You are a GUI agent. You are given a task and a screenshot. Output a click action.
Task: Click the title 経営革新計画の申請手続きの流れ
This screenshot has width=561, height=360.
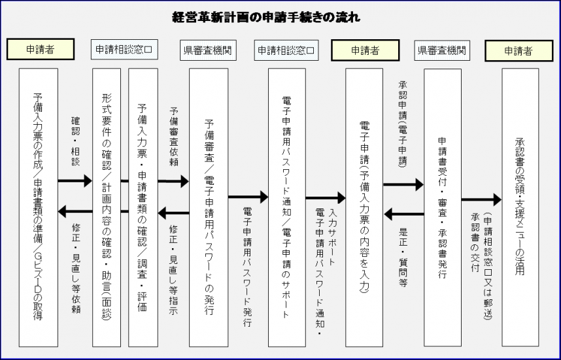pyautogui.click(x=280, y=17)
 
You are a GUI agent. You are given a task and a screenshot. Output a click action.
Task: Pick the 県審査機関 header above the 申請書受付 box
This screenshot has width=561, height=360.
pyautogui.click(x=442, y=49)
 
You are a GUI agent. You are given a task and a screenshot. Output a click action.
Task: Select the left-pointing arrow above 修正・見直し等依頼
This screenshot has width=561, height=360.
pyautogui.click(x=75, y=210)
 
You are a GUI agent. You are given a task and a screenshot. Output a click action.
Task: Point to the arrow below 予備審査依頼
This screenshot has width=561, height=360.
pyautogui.click(x=173, y=182)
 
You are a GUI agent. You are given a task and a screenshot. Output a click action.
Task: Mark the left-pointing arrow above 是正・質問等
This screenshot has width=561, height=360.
pyautogui.click(x=403, y=213)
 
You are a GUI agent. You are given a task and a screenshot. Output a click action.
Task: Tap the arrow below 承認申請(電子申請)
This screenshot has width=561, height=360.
pyautogui.click(x=403, y=185)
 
